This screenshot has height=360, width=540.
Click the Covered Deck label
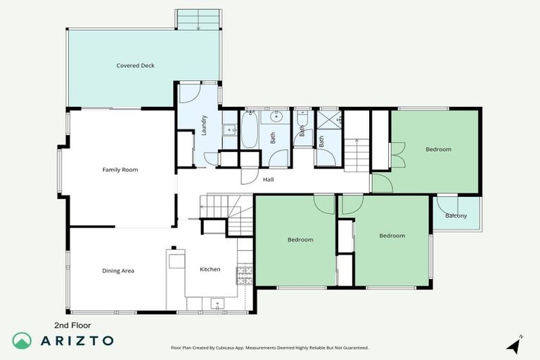(x=135, y=65)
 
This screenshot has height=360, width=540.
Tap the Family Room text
(x=120, y=169)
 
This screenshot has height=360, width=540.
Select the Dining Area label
(x=118, y=271)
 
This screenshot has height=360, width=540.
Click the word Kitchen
(x=210, y=269)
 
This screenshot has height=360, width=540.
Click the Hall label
(x=268, y=180)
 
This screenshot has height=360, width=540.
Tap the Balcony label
(x=456, y=216)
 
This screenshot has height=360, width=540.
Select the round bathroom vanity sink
(x=276, y=117)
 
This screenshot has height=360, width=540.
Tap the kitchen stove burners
(x=245, y=271)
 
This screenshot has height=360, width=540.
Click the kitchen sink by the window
(x=217, y=304)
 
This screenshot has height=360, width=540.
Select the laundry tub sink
(x=229, y=129)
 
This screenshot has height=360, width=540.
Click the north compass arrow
(x=515, y=345)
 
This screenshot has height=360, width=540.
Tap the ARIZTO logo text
(x=78, y=340)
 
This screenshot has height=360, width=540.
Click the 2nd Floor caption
(x=73, y=325)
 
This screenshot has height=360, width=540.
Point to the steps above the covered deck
(x=198, y=19)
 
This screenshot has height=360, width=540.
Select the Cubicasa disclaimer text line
(x=269, y=347)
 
